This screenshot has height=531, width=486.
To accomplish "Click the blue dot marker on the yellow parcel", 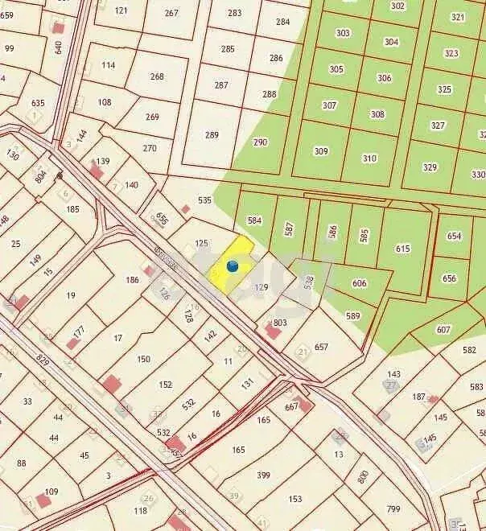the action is tap(233, 265).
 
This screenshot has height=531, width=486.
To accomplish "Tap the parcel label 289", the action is tap(212, 135).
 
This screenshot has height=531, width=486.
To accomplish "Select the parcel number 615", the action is tap(402, 249).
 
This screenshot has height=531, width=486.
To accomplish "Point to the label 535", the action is tap(204, 200).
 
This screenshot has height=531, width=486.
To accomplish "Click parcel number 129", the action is tap(261, 287).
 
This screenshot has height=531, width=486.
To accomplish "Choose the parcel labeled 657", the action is tap(321, 347).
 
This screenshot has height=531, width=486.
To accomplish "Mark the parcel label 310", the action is tap(369, 158).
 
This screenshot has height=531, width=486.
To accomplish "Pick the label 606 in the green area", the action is tap(359, 283).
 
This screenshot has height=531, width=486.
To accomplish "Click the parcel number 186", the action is tap(133, 280).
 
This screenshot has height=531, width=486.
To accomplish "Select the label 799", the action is tap(393, 508).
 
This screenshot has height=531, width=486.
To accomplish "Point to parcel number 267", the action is tap(171, 13).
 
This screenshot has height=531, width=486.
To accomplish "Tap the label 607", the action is tap(443, 329).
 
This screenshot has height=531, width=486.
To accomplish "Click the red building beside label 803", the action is tap(272, 331).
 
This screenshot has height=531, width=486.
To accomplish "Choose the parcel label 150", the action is tap(143, 359).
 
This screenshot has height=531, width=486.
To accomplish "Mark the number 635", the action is tap(38, 103).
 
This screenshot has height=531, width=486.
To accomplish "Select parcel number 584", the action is tap(255, 220).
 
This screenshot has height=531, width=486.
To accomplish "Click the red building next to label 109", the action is tap(43, 500).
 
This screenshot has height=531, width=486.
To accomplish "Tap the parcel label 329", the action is tap(430, 167).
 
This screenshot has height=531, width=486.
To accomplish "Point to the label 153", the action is tap(295, 499).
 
